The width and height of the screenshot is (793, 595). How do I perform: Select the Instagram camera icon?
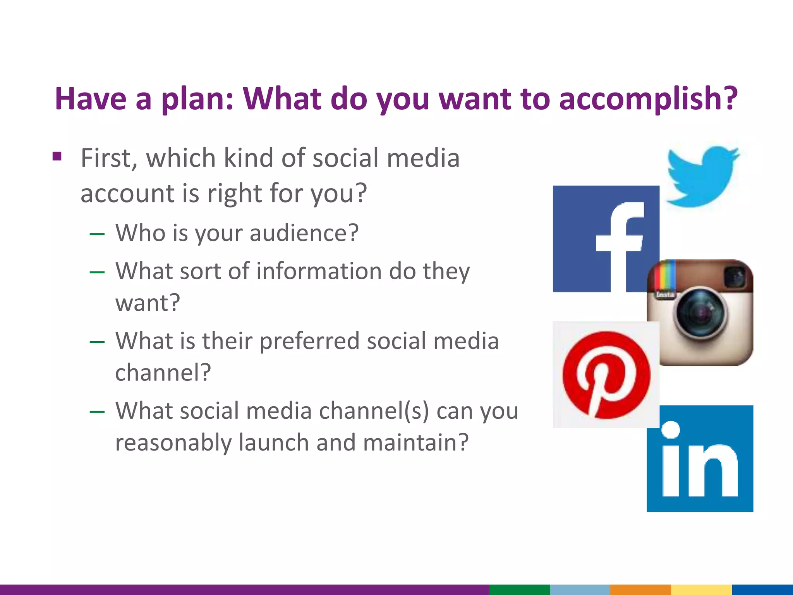700,312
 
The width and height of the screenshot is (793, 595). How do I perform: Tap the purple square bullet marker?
57,156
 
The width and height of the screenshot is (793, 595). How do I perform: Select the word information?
319,271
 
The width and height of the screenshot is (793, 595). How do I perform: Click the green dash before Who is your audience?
97,234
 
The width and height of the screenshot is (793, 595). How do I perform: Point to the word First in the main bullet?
108,158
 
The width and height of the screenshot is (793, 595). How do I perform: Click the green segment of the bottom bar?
520,590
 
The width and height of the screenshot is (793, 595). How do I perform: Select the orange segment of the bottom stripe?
640,590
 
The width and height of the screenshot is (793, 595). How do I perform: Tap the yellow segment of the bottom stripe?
701,590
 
